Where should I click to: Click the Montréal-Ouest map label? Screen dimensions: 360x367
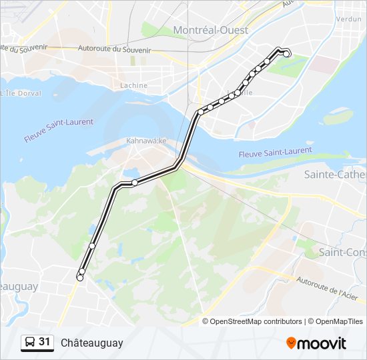coord(210,30)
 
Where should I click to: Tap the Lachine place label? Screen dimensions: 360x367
coord(133,85)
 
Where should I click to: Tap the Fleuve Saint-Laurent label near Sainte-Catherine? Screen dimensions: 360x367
coord(275,153)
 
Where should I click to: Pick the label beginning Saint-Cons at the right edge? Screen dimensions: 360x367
coord(342,252)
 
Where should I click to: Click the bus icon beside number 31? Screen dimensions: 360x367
coord(29,343)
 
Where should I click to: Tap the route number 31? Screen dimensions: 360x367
coord(45,342)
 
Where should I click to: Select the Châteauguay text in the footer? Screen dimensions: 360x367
coord(92,343)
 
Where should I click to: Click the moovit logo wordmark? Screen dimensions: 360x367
coord(322,343)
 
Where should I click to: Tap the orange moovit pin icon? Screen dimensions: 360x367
coord(291,343)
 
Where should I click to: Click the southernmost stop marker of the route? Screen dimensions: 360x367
coord(80,278)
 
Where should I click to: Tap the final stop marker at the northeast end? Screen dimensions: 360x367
coord(287,54)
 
